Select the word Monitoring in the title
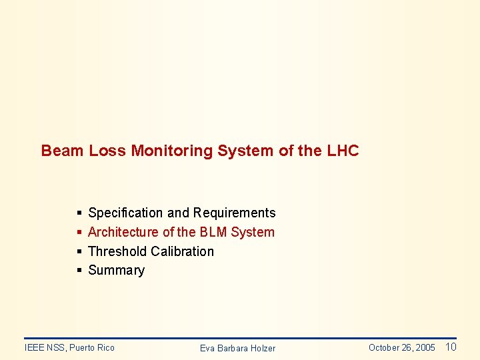pos(172,151)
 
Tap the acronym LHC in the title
pos(343,151)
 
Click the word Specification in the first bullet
pos(125,213)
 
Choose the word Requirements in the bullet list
pos(234,213)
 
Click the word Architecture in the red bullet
pos(123,232)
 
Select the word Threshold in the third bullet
pos(117,251)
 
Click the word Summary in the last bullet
pos(116,270)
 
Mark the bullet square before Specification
pos(79,213)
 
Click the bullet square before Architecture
pos(79,232)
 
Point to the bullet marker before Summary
pos(79,271)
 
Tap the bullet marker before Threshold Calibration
pos(79,251)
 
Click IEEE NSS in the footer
pos(43,347)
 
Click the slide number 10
pos(451,347)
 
